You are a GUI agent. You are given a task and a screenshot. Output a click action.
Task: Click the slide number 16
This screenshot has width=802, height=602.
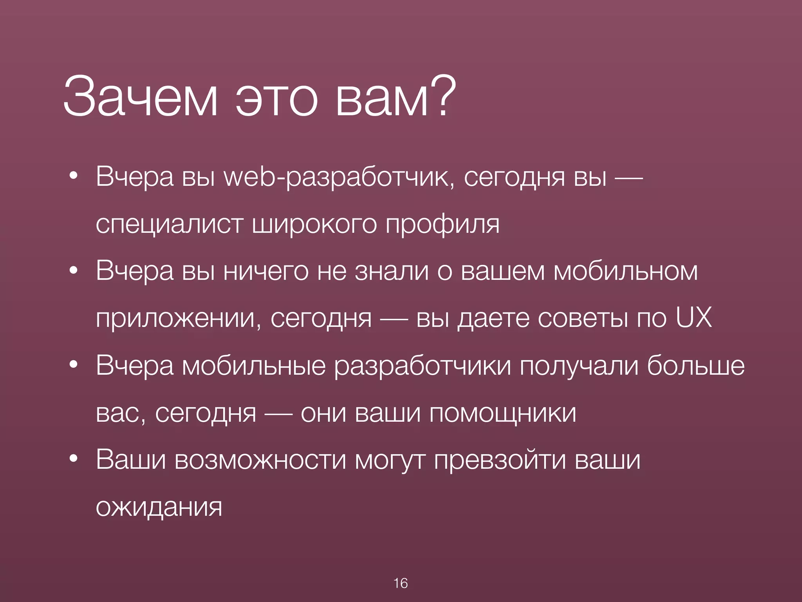click(x=401, y=583)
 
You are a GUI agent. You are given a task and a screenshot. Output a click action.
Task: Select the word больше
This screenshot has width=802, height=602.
click(x=695, y=365)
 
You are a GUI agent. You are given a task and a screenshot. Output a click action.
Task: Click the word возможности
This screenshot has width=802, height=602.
click(x=260, y=460)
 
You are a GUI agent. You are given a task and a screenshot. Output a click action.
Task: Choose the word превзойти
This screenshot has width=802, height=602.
click(x=500, y=460)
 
